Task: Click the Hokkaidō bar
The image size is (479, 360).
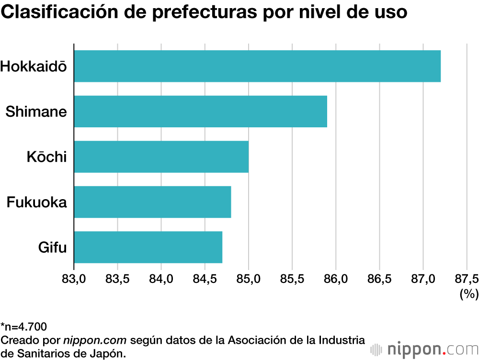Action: click(x=257, y=66)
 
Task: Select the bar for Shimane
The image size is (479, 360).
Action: click(x=200, y=111)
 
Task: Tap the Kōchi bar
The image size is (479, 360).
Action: click(x=161, y=157)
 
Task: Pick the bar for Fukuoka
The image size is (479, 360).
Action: click(x=152, y=202)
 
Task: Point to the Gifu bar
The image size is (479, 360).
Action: click(x=148, y=247)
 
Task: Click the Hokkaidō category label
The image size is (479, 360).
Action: click(x=34, y=66)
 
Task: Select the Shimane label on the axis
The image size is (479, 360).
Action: click(x=36, y=112)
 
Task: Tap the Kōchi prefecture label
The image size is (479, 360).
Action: click(x=46, y=157)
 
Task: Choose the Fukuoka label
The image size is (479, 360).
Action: click(x=36, y=202)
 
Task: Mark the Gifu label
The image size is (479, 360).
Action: click(x=52, y=247)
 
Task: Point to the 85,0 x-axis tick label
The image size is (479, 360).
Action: click(x=248, y=279)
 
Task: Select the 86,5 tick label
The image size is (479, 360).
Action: click(x=379, y=279)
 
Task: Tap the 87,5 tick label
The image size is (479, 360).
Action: click(x=466, y=279)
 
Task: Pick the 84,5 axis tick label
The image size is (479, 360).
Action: click(x=205, y=279)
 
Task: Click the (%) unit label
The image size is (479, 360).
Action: click(x=468, y=294)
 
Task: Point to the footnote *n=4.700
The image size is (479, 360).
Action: click(x=24, y=327)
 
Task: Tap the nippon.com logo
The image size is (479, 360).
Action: click(x=424, y=348)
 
